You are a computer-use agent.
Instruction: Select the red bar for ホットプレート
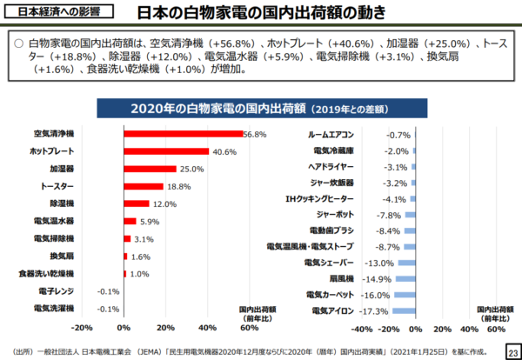(x=166, y=151)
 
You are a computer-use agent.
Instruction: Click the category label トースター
(x=58, y=186)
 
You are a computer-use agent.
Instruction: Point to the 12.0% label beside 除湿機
(x=164, y=203)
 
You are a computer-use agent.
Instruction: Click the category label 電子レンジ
(x=57, y=290)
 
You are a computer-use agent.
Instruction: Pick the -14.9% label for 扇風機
(x=377, y=278)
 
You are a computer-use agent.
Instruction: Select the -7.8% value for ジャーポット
(x=388, y=214)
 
